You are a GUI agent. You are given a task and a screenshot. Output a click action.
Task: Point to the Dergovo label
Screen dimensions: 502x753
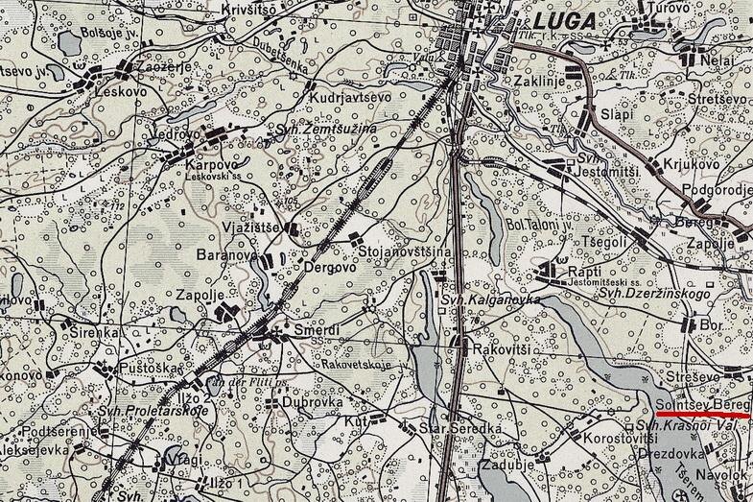pyautogui.click(x=330, y=269)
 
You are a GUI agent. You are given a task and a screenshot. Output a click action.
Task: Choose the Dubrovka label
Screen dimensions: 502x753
pyautogui.click(x=313, y=404)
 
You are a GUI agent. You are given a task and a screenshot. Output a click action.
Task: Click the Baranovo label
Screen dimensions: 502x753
pyautogui.click(x=225, y=257)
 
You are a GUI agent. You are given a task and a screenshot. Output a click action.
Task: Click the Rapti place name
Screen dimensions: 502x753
pyautogui.click(x=583, y=271)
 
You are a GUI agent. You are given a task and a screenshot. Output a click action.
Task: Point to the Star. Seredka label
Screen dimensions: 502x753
pyautogui.click(x=462, y=426)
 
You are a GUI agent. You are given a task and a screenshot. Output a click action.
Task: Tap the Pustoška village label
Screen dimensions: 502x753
pyautogui.click(x=147, y=369)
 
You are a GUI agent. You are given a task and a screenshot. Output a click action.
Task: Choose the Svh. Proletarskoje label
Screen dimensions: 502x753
pyautogui.click(x=153, y=413)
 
